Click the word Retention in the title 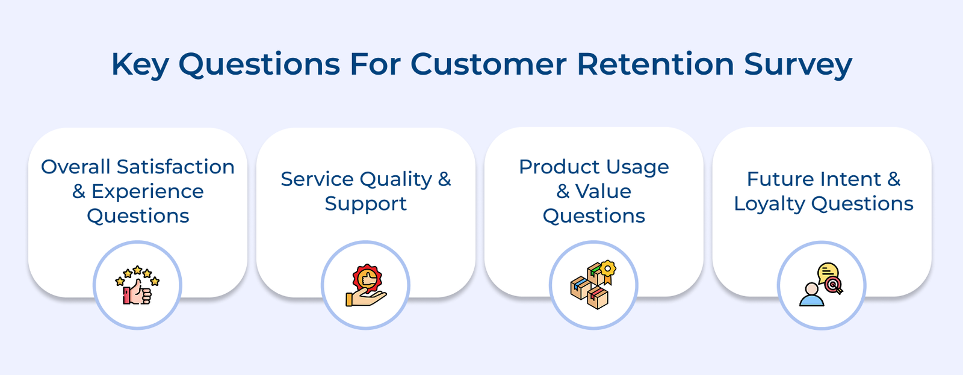pos(655,64)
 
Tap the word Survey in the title pos(797,65)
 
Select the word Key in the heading pos(140,65)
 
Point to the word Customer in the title pos(488,64)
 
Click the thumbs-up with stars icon pos(137,285)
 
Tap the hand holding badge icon pos(365,285)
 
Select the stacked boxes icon pos(593,285)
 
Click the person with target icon pos(821,285)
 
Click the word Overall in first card pos(75,167)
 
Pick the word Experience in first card pos(147,191)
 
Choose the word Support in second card pos(365,204)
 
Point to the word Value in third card pos(603,191)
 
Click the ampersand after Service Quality pos(444,179)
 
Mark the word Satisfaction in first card pos(175,167)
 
